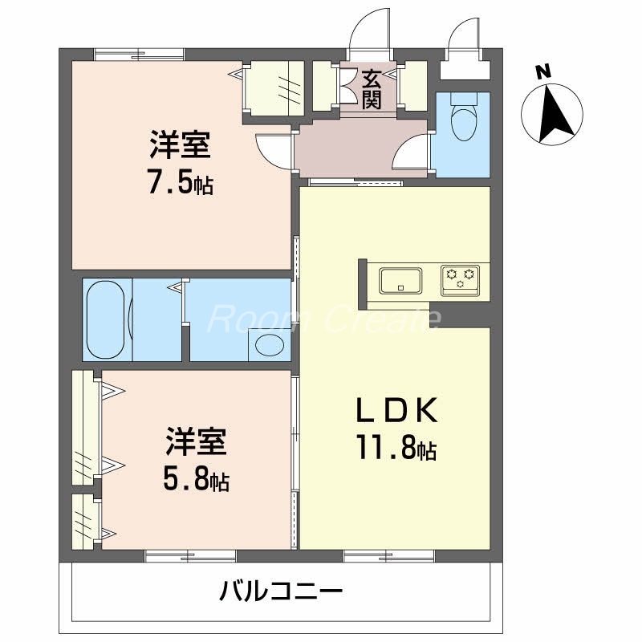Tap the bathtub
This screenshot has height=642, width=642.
coord(106,319)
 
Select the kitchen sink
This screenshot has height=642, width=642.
coord(400,280)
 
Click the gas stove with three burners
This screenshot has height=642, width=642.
coord(460,277)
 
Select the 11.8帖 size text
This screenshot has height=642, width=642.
coord(396,449)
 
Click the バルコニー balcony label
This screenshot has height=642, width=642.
coord(282,594)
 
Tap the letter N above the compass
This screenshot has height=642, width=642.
coord(543,72)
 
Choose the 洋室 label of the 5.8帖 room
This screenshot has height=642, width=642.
coord(196,443)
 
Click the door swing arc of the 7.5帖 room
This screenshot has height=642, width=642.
coord(269,148)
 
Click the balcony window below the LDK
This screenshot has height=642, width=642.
coord(389,555)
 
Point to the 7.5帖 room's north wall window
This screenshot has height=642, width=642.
coord(139,54)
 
